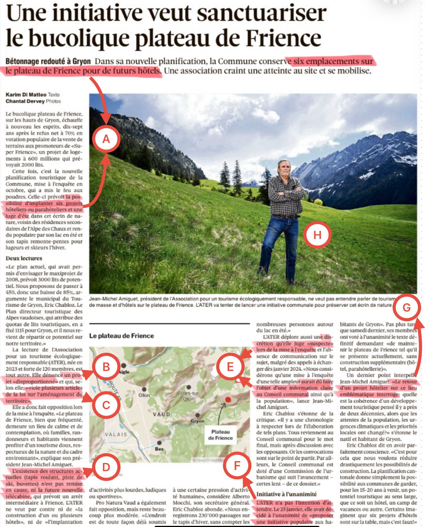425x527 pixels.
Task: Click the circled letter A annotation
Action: pos(106,139)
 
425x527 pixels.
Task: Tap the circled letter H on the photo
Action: pos(317,235)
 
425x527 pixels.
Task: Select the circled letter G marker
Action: pos(406,308)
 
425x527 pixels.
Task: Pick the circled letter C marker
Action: pos(106,405)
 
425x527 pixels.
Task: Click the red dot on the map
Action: pos(228,399)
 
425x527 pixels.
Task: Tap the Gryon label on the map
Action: pos(197,421)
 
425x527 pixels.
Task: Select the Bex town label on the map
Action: pos(159,449)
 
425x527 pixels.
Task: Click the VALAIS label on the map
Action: pos(116,434)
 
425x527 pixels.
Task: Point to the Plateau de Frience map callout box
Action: pos(221,435)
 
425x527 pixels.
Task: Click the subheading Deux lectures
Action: pos(24,258)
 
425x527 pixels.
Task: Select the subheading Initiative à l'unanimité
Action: pos(286,494)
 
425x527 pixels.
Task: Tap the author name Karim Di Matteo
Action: pos(26,94)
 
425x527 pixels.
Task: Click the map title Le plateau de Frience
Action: pos(122,336)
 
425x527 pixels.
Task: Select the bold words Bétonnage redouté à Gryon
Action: pos(48,62)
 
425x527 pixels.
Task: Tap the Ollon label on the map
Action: pos(144,395)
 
